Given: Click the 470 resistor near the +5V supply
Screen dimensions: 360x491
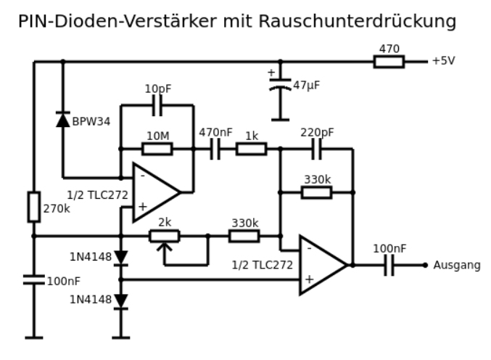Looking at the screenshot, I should pyautogui.click(x=389, y=62).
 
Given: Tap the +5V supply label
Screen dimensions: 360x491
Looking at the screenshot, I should pyautogui.click(x=443, y=61).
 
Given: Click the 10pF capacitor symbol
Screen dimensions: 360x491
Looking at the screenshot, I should pyautogui.click(x=157, y=105).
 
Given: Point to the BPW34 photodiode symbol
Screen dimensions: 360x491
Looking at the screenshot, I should pyautogui.click(x=63, y=120).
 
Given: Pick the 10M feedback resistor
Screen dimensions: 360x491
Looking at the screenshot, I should pyautogui.click(x=157, y=149).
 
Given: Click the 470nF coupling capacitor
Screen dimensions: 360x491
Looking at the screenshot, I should pyautogui.click(x=215, y=149).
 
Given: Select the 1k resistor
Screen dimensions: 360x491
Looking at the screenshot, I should pyautogui.click(x=251, y=149).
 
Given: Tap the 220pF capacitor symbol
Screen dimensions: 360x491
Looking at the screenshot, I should pyautogui.click(x=317, y=149).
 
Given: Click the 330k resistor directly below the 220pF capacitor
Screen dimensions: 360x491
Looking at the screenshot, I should pyautogui.click(x=316, y=192).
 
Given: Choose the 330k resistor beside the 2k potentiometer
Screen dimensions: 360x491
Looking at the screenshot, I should pyautogui.click(x=244, y=236).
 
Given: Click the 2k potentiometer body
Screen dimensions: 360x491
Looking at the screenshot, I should pyautogui.click(x=164, y=236).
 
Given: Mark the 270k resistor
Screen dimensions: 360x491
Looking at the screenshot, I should pyautogui.click(x=34, y=207).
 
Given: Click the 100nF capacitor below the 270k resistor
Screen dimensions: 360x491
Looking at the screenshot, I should pyautogui.click(x=34, y=279).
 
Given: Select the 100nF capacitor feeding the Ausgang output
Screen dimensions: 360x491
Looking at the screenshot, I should pyautogui.click(x=389, y=265).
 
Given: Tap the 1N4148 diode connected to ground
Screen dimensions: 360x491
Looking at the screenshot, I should pyautogui.click(x=121, y=300).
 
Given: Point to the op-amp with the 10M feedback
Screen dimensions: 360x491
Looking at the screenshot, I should pyautogui.click(x=154, y=192).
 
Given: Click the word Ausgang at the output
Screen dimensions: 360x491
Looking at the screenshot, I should pyautogui.click(x=457, y=266).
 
